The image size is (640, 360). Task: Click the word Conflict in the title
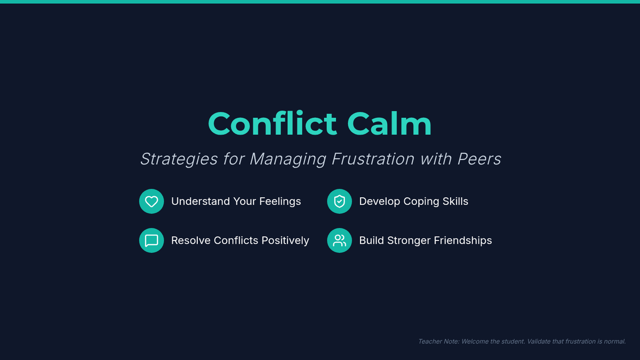tap(273, 123)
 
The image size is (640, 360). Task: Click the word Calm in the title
tap(389, 123)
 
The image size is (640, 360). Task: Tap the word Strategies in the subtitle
tap(179, 159)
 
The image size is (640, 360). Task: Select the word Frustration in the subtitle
tap(373, 158)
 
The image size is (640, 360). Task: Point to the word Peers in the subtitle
tap(479, 158)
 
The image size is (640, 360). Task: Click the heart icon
tap(151, 202)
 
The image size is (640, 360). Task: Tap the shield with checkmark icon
tap(339, 202)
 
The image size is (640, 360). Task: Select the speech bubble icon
tap(151, 241)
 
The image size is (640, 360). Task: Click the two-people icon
tap(339, 241)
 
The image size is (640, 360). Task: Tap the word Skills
tap(455, 202)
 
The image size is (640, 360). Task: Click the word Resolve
tap(191, 241)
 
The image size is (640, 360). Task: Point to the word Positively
tap(285, 241)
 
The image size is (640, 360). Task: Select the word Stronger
tap(410, 241)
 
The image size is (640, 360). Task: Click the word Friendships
tap(463, 241)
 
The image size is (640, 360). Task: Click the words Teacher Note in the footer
tap(438, 341)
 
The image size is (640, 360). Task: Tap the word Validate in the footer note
tap(539, 341)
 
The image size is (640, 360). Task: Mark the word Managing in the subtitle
tap(288, 159)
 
